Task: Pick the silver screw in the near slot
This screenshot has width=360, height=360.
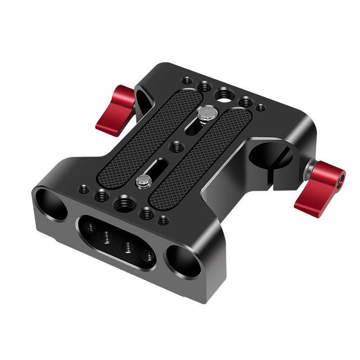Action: (143, 181)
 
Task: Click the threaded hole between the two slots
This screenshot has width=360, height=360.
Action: (177, 147)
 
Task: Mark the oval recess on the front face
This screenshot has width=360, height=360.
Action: (117, 241)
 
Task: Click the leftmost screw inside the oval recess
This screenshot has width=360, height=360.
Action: (92, 228)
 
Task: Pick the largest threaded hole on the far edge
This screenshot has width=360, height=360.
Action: (223, 94)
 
